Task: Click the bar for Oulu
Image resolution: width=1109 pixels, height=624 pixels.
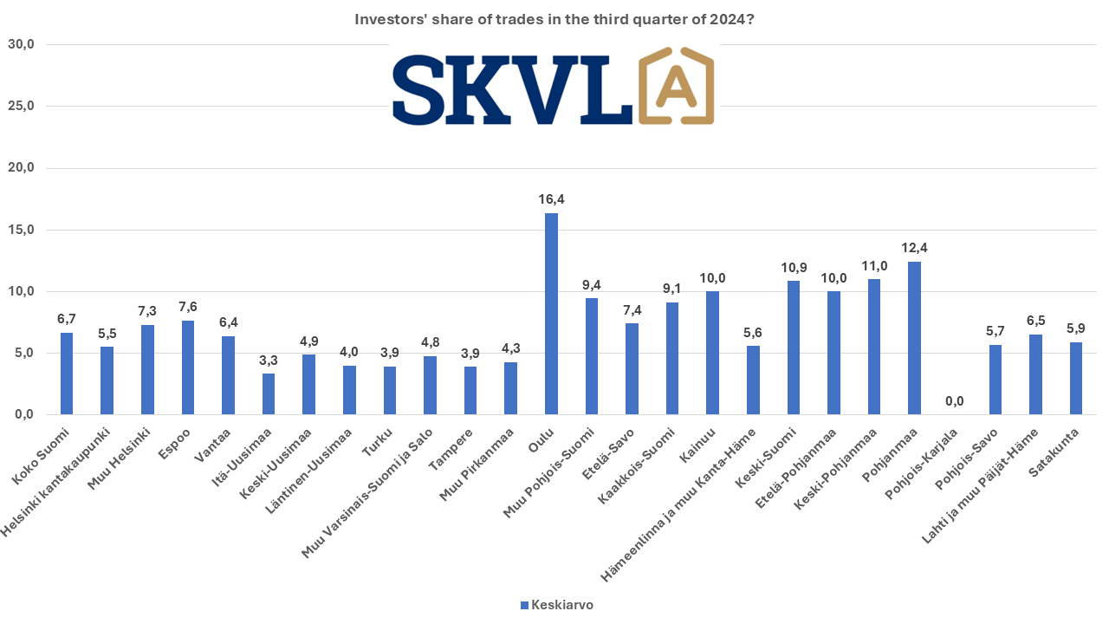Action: [551, 314]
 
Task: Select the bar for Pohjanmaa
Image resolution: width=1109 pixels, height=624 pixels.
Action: [914, 338]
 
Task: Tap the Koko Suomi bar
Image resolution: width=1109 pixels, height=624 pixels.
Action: [67, 374]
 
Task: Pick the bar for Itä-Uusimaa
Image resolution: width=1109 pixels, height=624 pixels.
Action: [269, 394]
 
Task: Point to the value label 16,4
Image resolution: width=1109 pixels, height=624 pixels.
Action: [551, 199]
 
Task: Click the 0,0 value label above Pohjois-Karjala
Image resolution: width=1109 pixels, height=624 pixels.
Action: [954, 401]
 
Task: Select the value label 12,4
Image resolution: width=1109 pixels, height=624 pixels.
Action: [914, 248]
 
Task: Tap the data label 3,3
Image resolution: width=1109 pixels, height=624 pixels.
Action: [269, 360]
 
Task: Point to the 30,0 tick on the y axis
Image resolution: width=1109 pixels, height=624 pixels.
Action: [19, 45]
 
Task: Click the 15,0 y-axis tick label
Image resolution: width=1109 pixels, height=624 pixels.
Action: [19, 230]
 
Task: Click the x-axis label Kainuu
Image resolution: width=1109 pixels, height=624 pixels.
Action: [698, 445]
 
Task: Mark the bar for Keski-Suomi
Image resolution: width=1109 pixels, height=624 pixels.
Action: [793, 348]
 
